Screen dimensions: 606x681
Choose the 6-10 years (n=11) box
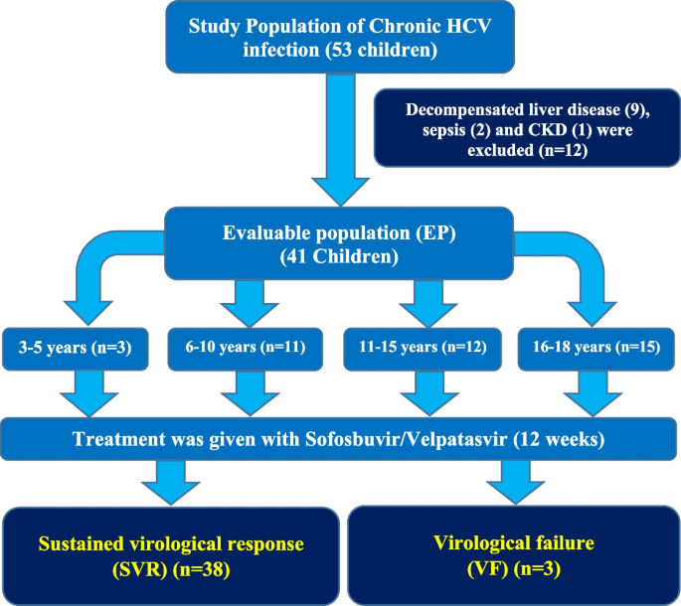247,349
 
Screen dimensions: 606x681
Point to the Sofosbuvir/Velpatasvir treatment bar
340,438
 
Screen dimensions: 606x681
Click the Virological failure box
513,556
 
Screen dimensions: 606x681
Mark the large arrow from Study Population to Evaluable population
339,139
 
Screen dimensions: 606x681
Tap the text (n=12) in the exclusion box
550,150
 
